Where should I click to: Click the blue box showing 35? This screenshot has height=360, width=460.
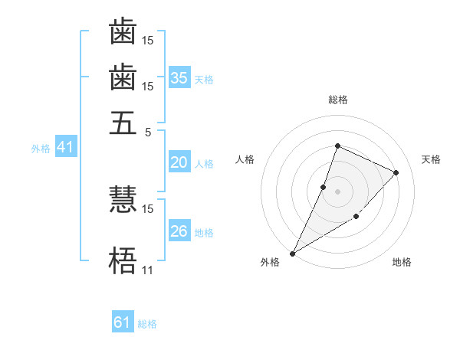(x=179, y=77)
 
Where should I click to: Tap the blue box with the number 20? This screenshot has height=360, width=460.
(x=179, y=162)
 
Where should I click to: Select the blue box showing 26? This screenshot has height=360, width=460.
(x=179, y=231)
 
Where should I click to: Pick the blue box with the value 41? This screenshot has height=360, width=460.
(x=64, y=147)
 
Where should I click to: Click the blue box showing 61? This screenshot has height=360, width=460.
(x=123, y=322)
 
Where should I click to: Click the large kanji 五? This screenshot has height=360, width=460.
(x=123, y=122)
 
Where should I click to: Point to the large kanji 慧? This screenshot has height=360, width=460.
(x=123, y=200)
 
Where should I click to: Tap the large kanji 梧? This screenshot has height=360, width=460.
(x=123, y=261)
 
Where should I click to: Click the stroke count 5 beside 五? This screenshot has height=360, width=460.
(x=149, y=131)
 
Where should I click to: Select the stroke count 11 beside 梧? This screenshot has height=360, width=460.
(x=147, y=270)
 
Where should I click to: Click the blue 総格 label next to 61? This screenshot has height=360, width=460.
(x=147, y=324)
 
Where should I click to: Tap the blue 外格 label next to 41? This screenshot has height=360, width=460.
(x=41, y=149)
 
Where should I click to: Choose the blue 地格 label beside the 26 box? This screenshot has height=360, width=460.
(x=205, y=233)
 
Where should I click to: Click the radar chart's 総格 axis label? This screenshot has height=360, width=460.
(x=337, y=100)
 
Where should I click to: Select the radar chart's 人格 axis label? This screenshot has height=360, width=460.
(x=245, y=159)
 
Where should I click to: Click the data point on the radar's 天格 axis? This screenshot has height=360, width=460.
(x=396, y=172)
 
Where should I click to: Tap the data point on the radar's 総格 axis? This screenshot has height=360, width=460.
(x=337, y=146)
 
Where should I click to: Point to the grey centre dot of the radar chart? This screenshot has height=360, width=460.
(x=337, y=191)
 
